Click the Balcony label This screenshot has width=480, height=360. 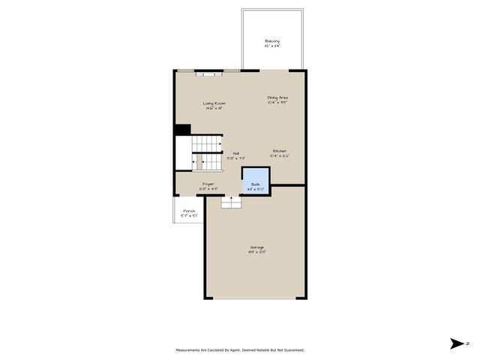tap(272, 40)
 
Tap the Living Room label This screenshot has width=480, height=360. tap(214, 103)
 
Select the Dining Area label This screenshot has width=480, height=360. tap(278, 97)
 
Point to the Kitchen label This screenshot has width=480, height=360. tap(280, 151)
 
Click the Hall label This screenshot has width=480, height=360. tap(235, 154)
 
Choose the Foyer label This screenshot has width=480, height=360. tap(208, 184)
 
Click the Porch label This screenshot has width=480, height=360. tap(189, 211)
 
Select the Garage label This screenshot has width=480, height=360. tap(257, 247)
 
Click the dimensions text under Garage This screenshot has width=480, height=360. tap(257, 252)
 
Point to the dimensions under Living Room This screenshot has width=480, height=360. tap(214, 109)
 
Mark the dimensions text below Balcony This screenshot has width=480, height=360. tap(272, 46)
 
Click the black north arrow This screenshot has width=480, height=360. tap(457, 343)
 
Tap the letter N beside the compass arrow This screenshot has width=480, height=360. tap(467, 343)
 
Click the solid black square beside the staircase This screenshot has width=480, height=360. tap(182, 129)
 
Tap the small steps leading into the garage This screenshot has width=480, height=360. tap(231, 202)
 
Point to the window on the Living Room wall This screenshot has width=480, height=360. tap(209, 71)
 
